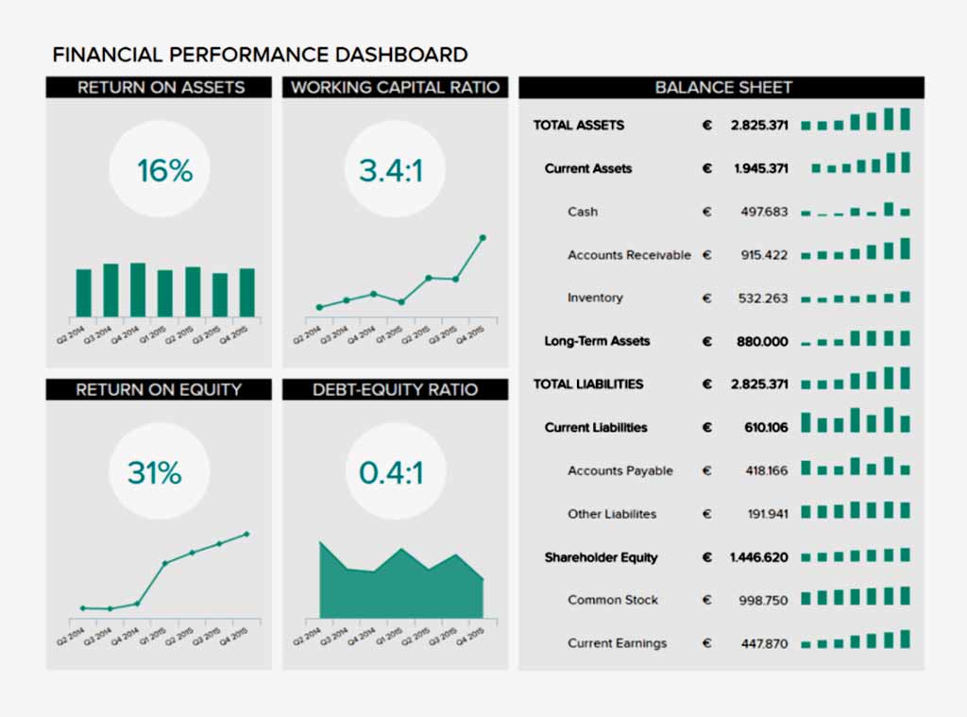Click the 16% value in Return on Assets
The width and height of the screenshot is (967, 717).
[164, 171]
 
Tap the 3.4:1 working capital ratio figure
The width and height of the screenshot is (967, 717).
[390, 171]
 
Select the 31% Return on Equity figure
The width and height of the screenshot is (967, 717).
[154, 473]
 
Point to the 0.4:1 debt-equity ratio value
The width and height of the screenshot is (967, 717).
[391, 473]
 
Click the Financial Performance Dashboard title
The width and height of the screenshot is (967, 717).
[260, 55]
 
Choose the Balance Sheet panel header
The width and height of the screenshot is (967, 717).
[722, 88]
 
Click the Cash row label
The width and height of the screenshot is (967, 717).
[583, 212]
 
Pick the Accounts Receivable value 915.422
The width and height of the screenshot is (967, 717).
[764, 255]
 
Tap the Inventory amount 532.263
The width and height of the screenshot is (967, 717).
[763, 299]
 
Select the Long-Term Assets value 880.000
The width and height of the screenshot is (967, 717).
[762, 342]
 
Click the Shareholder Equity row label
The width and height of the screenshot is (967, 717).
[601, 557]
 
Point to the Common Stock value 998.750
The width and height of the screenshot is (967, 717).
[763, 601]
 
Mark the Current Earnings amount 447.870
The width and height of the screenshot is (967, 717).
[763, 644]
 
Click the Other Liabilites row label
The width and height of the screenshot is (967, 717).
[612, 514]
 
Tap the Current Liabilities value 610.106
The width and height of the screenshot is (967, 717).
[766, 428]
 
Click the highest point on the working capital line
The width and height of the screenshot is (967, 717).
[483, 238]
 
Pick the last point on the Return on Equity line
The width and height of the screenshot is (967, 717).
[246, 534]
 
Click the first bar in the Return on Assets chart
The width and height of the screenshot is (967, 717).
[84, 293]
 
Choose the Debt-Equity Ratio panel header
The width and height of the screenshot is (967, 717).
[395, 390]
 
